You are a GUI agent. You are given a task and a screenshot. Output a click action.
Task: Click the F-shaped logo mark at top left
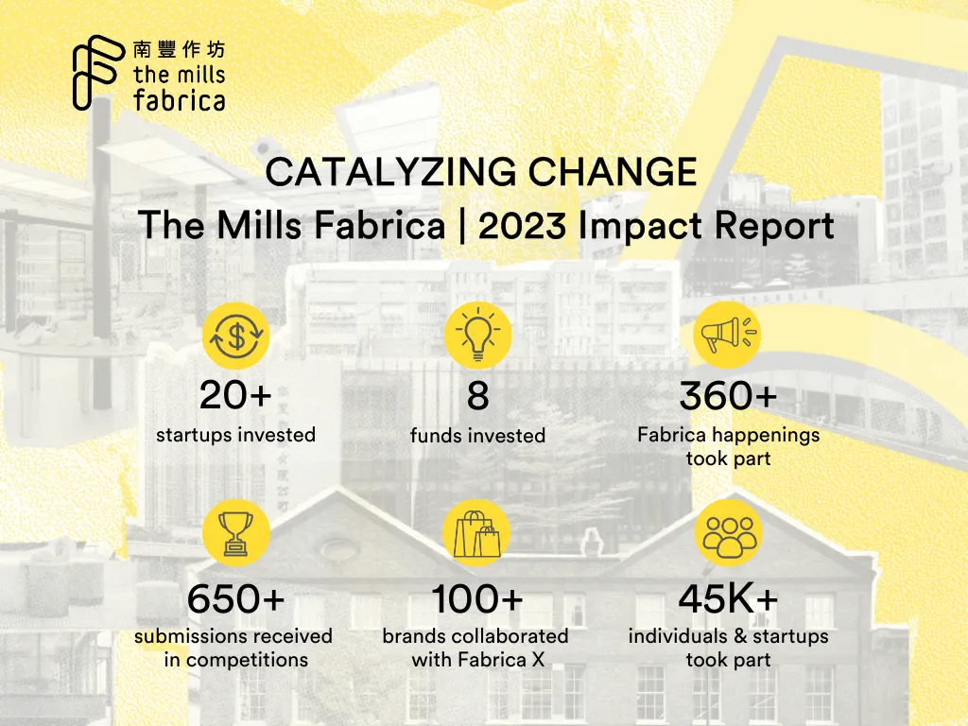point(95,73)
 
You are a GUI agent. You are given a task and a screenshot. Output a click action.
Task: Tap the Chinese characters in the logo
point(179,50)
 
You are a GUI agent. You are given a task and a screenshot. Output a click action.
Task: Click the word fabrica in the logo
point(179,98)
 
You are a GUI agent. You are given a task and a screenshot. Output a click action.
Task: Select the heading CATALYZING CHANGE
point(481,173)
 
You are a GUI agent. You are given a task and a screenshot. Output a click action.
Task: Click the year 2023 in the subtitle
point(524,227)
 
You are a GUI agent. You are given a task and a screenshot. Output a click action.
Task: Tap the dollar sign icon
point(236,335)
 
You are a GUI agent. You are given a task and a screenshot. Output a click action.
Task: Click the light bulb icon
point(478,335)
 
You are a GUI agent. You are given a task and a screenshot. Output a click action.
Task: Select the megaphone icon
point(727,335)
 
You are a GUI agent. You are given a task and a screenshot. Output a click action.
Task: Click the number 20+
point(235,396)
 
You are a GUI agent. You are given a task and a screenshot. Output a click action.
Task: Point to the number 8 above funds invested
point(478,396)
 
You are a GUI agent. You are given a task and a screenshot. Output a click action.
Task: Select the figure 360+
point(728,396)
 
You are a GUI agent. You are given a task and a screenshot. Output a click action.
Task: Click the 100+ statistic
point(477,599)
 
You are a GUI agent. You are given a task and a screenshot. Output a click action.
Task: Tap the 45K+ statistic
point(728,599)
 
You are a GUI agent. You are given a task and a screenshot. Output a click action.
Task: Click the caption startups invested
point(235,435)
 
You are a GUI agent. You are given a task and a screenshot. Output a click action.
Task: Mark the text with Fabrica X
point(477,660)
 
